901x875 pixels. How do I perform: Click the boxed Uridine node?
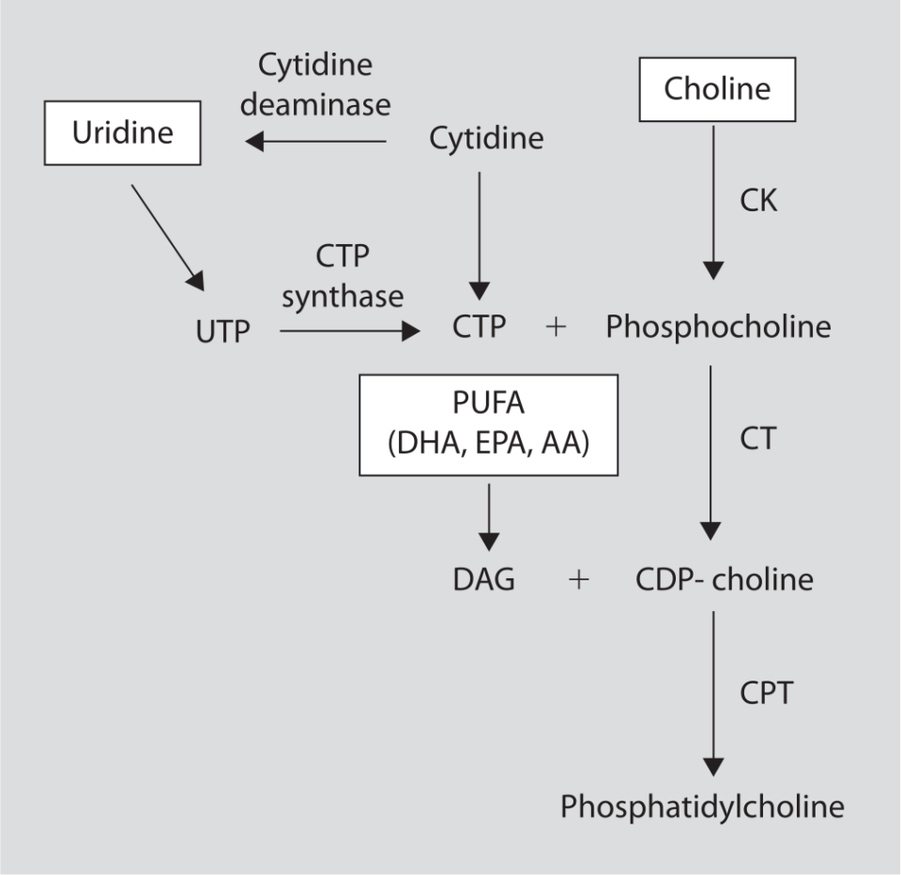click(x=122, y=132)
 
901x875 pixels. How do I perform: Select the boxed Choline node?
click(x=717, y=89)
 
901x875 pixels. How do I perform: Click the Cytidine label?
click(x=486, y=139)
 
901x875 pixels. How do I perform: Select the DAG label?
click(x=483, y=579)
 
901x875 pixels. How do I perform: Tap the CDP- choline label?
click(x=724, y=579)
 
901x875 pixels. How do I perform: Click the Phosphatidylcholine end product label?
click(x=702, y=806)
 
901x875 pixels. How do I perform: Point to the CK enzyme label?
click(x=757, y=200)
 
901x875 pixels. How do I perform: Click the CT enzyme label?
click(x=756, y=437)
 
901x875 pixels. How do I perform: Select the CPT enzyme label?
click(x=765, y=693)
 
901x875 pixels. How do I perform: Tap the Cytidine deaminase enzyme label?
click(x=315, y=84)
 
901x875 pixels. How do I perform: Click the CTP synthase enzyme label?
click(x=343, y=278)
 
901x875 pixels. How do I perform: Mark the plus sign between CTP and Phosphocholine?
click(x=556, y=328)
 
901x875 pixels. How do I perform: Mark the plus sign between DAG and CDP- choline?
click(x=579, y=580)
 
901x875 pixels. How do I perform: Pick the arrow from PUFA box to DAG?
click(x=489, y=514)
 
